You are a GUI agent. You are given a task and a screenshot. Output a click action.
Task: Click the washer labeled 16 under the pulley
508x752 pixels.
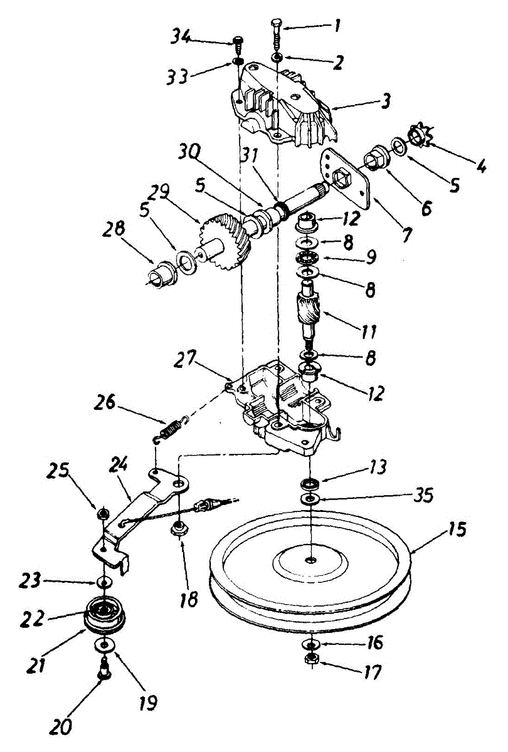click(x=310, y=644)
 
